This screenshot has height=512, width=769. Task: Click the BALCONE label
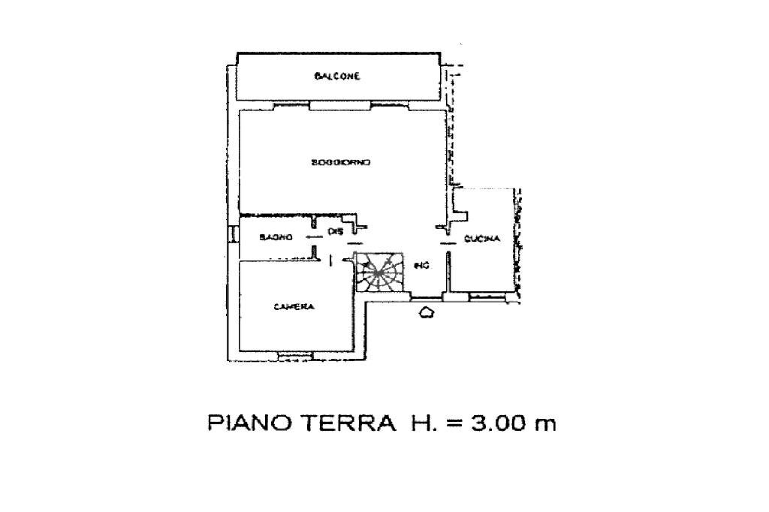click(337, 77)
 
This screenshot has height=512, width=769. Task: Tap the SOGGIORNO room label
click(342, 162)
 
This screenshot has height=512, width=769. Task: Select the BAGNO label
click(271, 237)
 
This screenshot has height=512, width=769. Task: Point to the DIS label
click(335, 232)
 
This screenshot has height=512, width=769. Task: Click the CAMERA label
click(293, 306)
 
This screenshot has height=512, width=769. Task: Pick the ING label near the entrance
click(421, 264)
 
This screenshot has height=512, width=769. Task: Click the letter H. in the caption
click(421, 424)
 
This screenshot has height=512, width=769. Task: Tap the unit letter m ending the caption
click(544, 426)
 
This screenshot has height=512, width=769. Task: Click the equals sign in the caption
click(453, 425)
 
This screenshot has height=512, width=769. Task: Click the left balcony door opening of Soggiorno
click(292, 105)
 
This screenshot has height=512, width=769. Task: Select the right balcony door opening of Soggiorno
click(389, 105)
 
